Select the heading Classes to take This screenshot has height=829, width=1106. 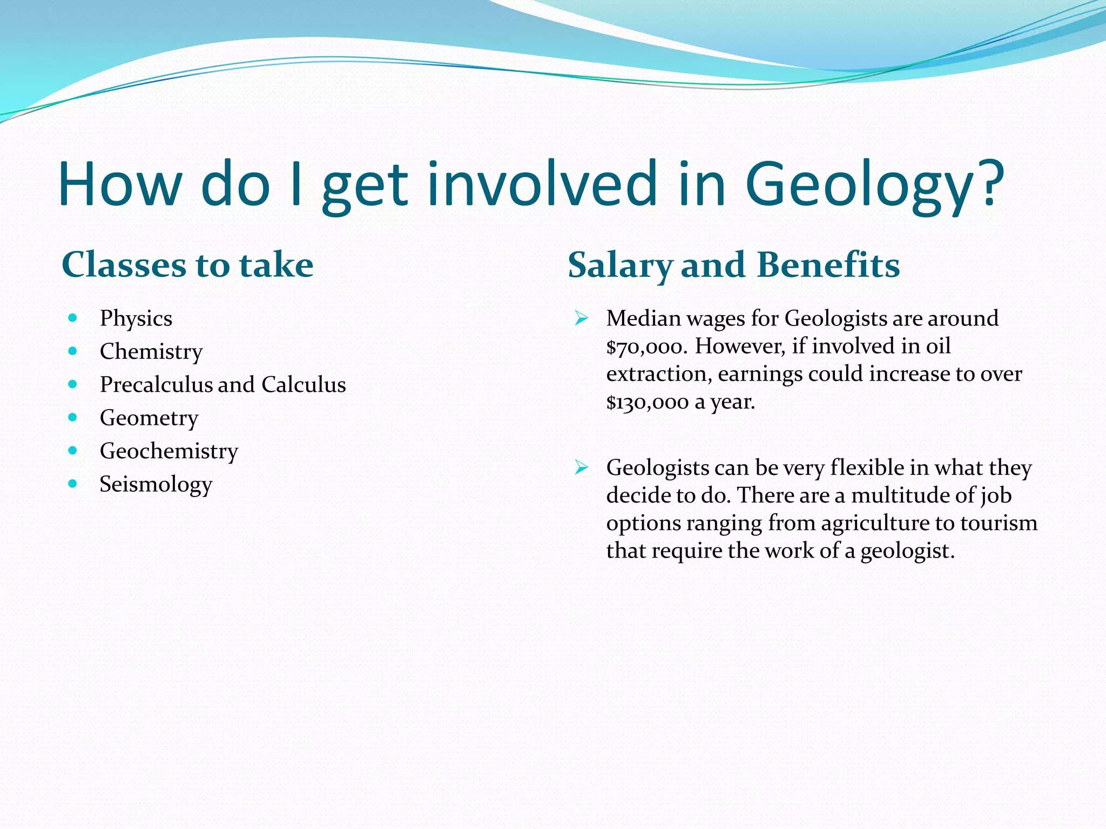[x=187, y=265]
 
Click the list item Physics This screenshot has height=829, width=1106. [x=136, y=318]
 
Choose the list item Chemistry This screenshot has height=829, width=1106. [x=151, y=352]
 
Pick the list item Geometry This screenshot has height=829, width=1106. [x=149, y=418]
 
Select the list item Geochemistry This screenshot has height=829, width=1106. [x=168, y=451]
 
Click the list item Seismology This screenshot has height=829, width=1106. [x=156, y=485]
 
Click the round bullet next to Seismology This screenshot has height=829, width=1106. [x=73, y=484]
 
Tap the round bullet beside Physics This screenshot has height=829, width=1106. [x=73, y=318]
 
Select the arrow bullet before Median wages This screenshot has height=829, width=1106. [x=581, y=318]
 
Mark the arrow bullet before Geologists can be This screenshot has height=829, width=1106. [x=581, y=467]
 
